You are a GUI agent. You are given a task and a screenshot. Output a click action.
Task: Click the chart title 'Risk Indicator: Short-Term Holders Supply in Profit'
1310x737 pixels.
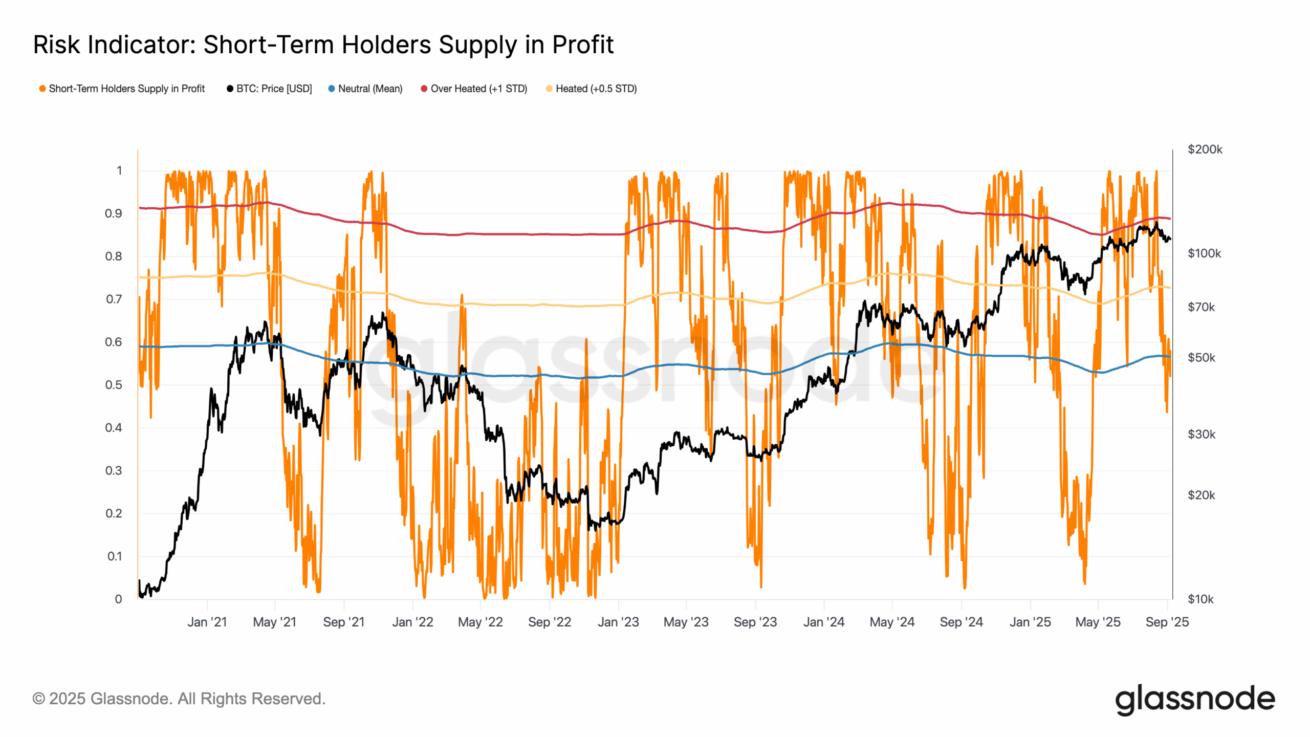(x=323, y=45)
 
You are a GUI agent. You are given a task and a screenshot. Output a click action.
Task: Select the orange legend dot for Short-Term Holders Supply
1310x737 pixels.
(x=42, y=89)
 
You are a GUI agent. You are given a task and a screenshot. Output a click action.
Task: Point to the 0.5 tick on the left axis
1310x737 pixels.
(x=114, y=385)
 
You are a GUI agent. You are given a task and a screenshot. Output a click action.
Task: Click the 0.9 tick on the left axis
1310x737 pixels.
(x=114, y=213)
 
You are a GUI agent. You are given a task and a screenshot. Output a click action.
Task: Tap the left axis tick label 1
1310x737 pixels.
(x=119, y=171)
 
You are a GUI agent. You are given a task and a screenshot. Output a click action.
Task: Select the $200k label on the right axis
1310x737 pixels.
(x=1205, y=149)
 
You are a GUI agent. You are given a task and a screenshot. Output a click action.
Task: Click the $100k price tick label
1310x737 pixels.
(x=1204, y=253)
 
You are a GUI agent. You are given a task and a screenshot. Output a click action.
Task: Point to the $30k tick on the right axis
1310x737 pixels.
(x=1201, y=435)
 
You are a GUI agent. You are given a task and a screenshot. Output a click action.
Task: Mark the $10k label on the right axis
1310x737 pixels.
(x=1200, y=599)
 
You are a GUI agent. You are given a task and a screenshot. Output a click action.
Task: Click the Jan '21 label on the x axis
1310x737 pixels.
(x=207, y=622)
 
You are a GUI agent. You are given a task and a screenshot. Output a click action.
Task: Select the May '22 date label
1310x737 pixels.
(x=480, y=622)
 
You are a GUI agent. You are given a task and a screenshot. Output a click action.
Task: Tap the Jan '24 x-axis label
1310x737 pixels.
(x=823, y=622)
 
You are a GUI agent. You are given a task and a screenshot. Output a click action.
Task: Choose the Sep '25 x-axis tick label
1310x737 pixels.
(x=1167, y=622)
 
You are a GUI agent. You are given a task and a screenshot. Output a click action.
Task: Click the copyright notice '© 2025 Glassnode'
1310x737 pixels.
(x=179, y=699)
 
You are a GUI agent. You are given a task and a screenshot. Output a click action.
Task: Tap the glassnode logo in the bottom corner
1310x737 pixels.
(x=1195, y=700)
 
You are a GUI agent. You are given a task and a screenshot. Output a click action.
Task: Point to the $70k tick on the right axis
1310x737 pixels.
(x=1201, y=308)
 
